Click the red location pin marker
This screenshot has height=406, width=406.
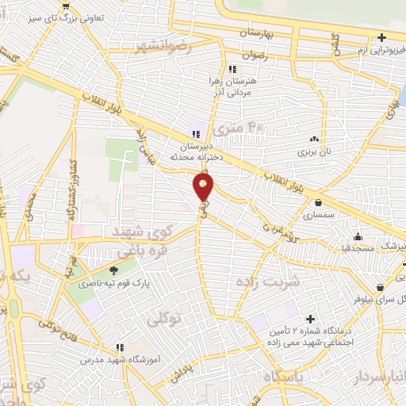(x=204, y=187)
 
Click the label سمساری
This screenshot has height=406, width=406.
(x=319, y=215)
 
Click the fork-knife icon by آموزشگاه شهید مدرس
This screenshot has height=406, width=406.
(x=120, y=347)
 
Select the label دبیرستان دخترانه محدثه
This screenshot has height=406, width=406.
(x=198, y=151)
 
